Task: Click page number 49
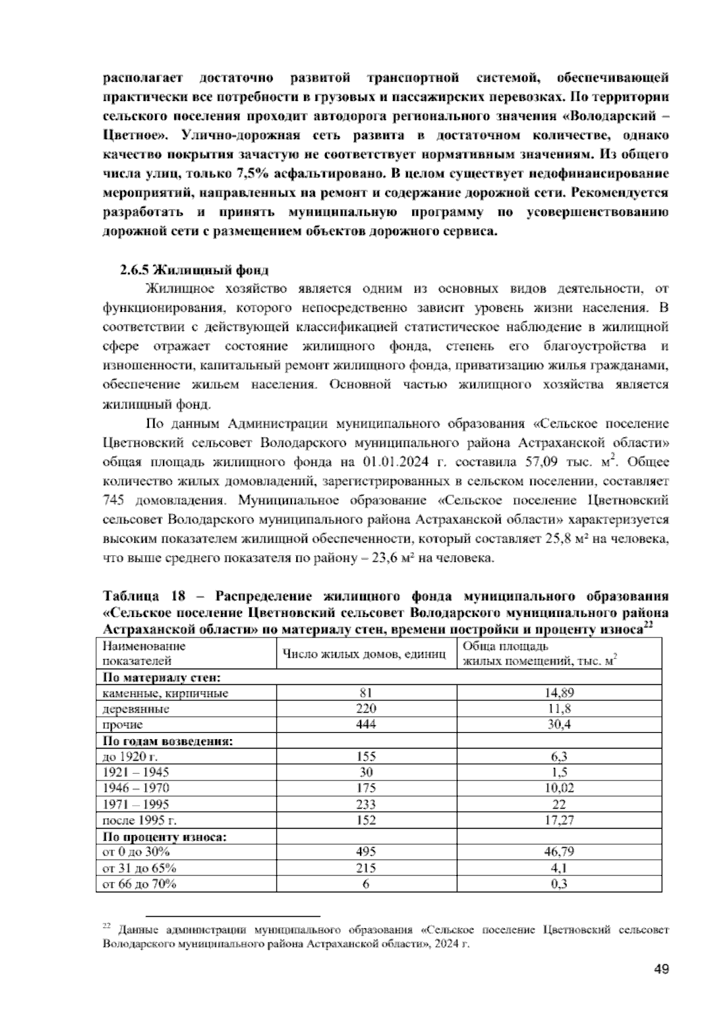click(x=661, y=969)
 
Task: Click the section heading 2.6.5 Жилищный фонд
click(x=194, y=270)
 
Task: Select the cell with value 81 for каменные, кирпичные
click(x=366, y=693)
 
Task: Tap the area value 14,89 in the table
click(x=559, y=693)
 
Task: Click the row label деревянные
click(x=136, y=709)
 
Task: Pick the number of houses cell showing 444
click(x=366, y=725)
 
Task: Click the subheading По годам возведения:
click(x=168, y=741)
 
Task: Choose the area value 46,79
click(x=559, y=852)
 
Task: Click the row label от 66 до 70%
click(x=140, y=884)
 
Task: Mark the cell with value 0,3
click(x=559, y=884)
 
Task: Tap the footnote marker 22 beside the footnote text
click(x=107, y=928)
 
